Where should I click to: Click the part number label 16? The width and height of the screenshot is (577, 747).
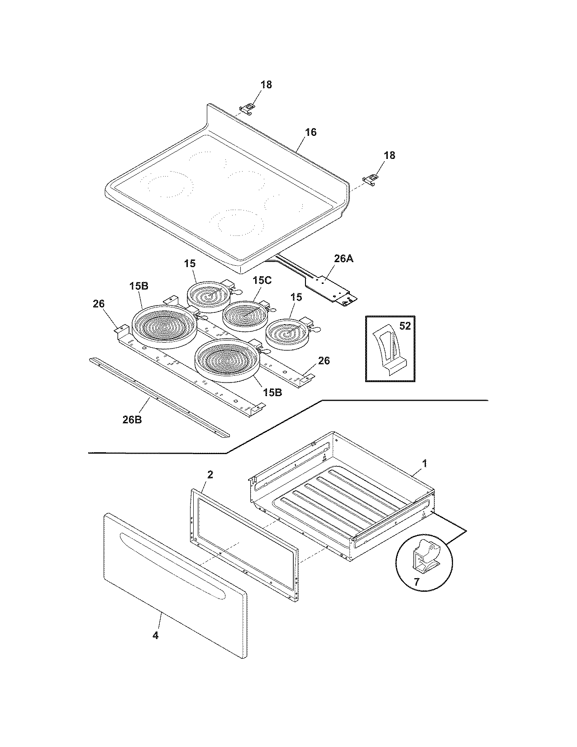[310, 133]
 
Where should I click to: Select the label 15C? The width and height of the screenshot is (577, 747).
[262, 281]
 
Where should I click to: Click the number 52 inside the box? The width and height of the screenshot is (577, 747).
[405, 326]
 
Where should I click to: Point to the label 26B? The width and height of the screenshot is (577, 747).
[132, 419]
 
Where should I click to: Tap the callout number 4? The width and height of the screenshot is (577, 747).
[155, 636]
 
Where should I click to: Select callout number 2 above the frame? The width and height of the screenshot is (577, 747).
[210, 474]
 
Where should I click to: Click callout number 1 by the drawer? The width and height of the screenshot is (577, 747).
[424, 464]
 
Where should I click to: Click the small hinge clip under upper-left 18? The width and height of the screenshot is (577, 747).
[247, 108]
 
